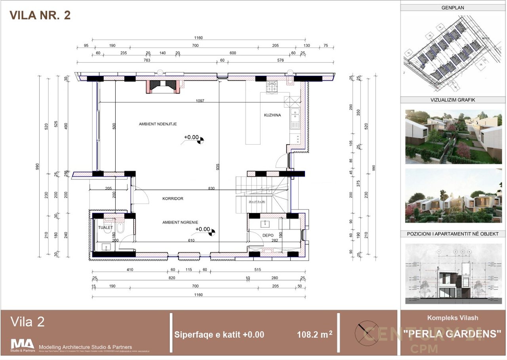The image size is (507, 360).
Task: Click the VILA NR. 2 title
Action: [x=40, y=15]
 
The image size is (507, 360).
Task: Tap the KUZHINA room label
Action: [x=273, y=115]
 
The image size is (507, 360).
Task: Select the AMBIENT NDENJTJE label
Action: [x=158, y=124]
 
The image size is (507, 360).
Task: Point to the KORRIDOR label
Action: [x=173, y=198]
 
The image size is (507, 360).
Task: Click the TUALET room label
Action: [x=105, y=227]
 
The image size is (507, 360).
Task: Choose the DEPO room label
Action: [x=268, y=235]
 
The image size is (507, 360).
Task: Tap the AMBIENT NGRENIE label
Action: [x=180, y=223]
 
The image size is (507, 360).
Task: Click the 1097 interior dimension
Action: [x=200, y=101]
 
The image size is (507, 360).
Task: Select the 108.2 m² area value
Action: [x=314, y=335]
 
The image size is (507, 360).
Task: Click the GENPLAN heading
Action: [x=453, y=7]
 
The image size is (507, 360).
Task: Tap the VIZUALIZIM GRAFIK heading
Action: [x=453, y=100]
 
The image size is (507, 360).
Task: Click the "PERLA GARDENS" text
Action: [x=452, y=334]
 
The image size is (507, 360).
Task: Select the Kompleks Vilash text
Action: [x=452, y=318]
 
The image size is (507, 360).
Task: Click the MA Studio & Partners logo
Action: [x=23, y=345]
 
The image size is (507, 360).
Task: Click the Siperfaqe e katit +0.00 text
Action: [x=219, y=335]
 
